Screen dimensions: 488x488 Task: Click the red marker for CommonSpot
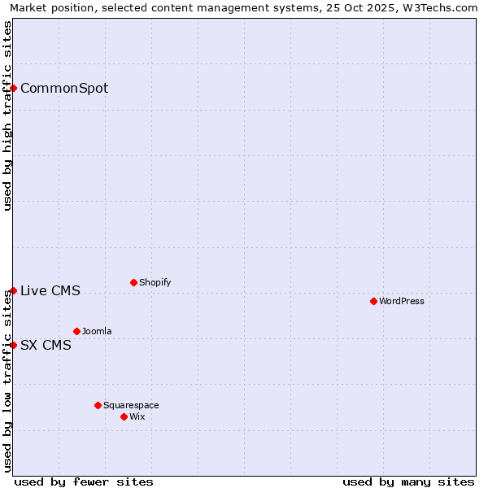[14, 88]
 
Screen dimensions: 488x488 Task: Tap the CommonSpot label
[64, 89]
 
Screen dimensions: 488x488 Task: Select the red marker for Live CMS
[14, 290]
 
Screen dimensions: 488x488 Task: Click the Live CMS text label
[50, 291]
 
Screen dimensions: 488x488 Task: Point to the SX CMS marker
[14, 345]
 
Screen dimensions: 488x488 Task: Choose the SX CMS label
[46, 346]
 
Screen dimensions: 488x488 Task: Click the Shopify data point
[133, 282]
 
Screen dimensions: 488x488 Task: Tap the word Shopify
[155, 283]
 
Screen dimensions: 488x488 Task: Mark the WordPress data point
[373, 301]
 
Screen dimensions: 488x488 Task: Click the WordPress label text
[402, 302]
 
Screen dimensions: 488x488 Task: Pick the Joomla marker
[76, 331]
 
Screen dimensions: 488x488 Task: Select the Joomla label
[97, 332]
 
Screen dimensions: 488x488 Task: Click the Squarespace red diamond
[98, 405]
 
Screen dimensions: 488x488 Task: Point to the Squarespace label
[131, 406]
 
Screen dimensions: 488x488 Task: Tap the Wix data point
[124, 416]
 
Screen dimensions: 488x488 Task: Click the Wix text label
[137, 417]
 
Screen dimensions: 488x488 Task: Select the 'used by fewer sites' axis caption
[84, 481]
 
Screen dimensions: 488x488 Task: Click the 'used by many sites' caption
[408, 481]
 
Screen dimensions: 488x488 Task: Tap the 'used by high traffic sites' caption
[8, 115]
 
